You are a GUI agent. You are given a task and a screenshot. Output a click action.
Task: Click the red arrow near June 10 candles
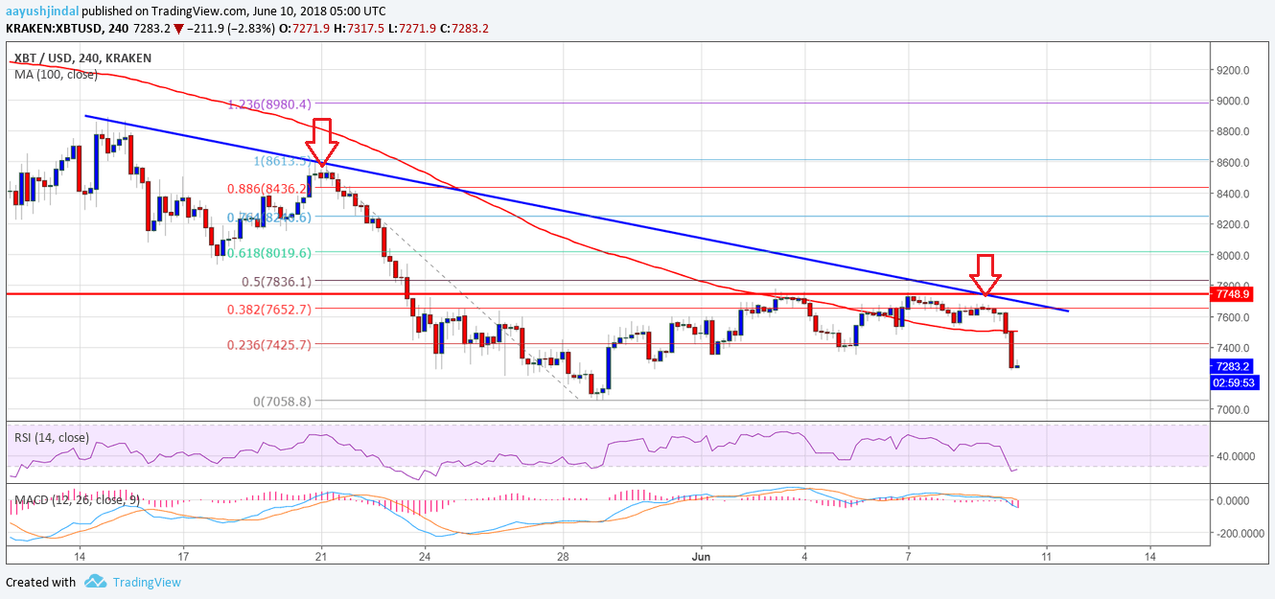pos(986,273)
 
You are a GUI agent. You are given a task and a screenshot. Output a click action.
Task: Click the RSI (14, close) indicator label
pos(51,438)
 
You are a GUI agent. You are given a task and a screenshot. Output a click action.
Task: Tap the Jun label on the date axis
pos(700,555)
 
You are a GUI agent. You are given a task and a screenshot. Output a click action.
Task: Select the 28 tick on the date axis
pos(564,555)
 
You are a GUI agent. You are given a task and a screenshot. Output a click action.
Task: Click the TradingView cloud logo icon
pos(95,581)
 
